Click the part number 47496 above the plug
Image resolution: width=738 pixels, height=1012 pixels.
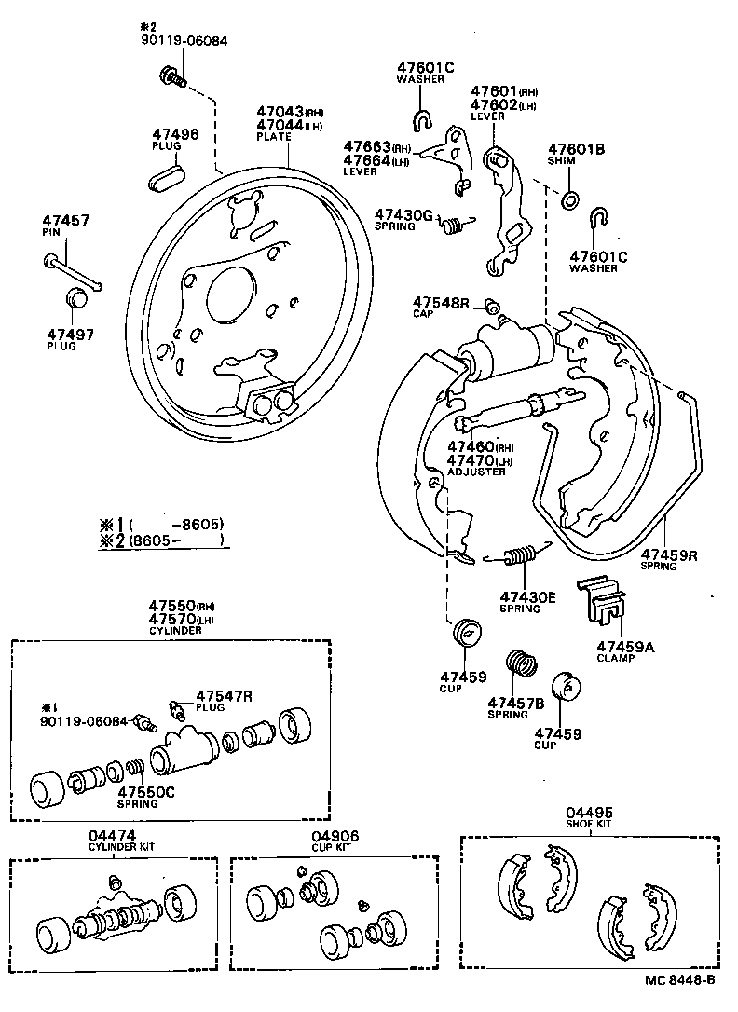[175, 134]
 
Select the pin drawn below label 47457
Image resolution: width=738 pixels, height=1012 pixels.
[75, 271]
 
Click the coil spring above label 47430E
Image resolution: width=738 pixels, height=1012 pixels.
[517, 555]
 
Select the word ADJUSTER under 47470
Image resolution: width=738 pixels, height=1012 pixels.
[476, 472]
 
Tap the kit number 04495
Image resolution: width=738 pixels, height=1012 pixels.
[589, 813]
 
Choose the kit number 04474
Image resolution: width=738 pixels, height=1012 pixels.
[113, 836]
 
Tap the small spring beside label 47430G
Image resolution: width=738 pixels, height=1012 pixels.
[454, 225]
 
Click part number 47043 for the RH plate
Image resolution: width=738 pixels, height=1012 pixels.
[279, 111]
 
